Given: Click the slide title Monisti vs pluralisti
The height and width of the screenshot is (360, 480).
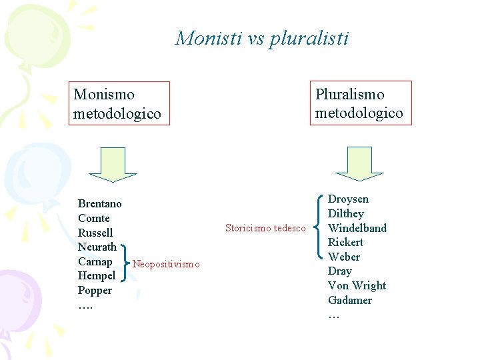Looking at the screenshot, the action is [261, 38].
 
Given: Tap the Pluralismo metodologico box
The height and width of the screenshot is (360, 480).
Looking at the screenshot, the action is [359, 103].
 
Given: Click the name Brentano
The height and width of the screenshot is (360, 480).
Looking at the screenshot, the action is [100, 203].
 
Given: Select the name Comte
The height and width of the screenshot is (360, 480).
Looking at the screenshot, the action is [94, 218].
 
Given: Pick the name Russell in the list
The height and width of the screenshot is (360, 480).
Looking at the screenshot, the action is [95, 233].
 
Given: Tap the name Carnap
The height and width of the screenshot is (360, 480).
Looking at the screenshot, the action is [95, 261].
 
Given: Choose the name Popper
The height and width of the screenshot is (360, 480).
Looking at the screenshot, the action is [95, 291].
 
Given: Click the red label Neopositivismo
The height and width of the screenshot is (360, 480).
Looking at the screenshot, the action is [166, 264].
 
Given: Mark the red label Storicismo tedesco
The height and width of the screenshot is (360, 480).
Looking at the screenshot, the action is [265, 228].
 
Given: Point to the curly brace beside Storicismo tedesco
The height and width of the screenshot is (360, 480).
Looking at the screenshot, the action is [318, 228].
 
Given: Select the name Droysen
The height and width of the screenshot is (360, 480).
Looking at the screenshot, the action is [348, 199].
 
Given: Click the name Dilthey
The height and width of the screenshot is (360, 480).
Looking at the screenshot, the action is [346, 213].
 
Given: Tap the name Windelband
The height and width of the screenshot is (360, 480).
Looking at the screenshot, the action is [357, 228].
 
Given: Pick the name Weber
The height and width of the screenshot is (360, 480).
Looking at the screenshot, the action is [344, 257].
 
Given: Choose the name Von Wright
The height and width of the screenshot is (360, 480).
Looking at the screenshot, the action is [357, 285].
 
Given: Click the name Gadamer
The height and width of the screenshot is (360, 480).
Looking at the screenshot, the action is [350, 300].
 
